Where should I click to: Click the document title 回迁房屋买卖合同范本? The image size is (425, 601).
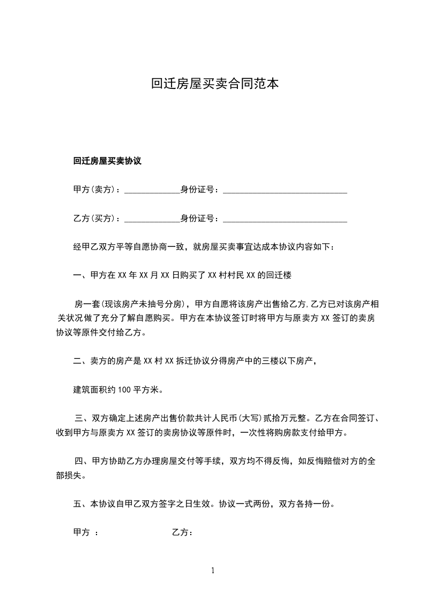coord(214,84)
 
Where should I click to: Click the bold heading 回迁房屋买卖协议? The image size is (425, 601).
coord(107,161)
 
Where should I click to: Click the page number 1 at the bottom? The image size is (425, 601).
coord(213,570)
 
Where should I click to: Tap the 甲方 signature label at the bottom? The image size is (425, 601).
coord(81,533)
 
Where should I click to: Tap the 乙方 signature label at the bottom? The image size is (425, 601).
coord(180,533)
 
